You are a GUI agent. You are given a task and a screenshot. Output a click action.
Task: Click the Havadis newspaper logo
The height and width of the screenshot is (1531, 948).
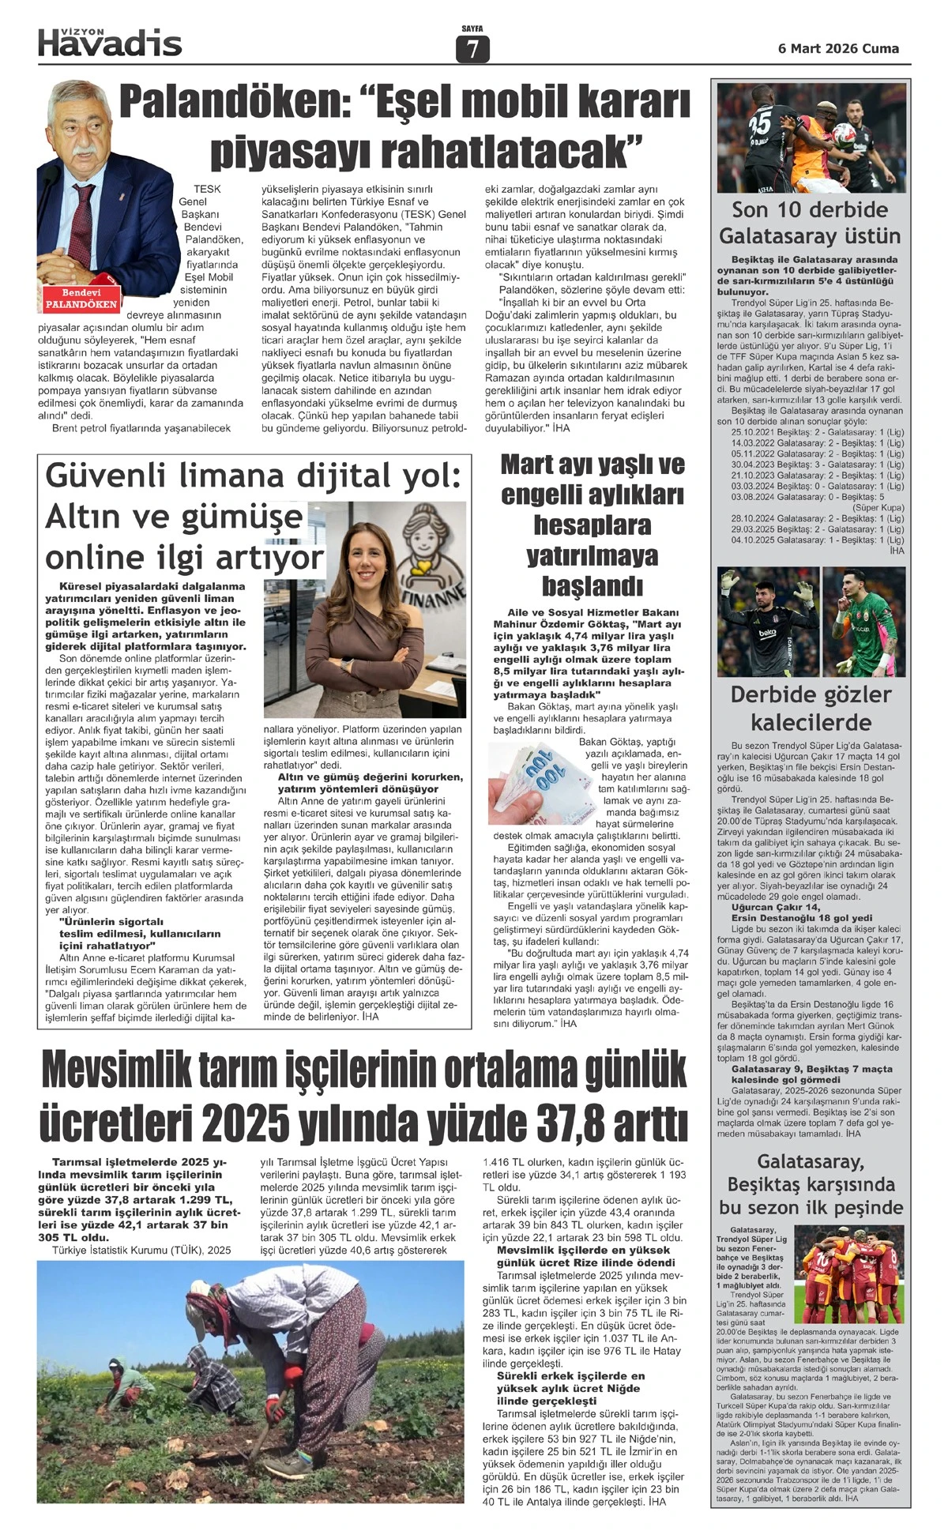(110, 42)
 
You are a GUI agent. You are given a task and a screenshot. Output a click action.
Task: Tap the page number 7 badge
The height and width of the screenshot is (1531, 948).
(472, 50)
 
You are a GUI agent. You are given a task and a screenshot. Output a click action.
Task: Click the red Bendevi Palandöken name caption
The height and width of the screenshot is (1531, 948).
(81, 299)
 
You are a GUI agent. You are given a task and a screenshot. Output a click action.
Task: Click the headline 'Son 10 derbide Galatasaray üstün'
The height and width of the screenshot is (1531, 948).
(809, 223)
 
